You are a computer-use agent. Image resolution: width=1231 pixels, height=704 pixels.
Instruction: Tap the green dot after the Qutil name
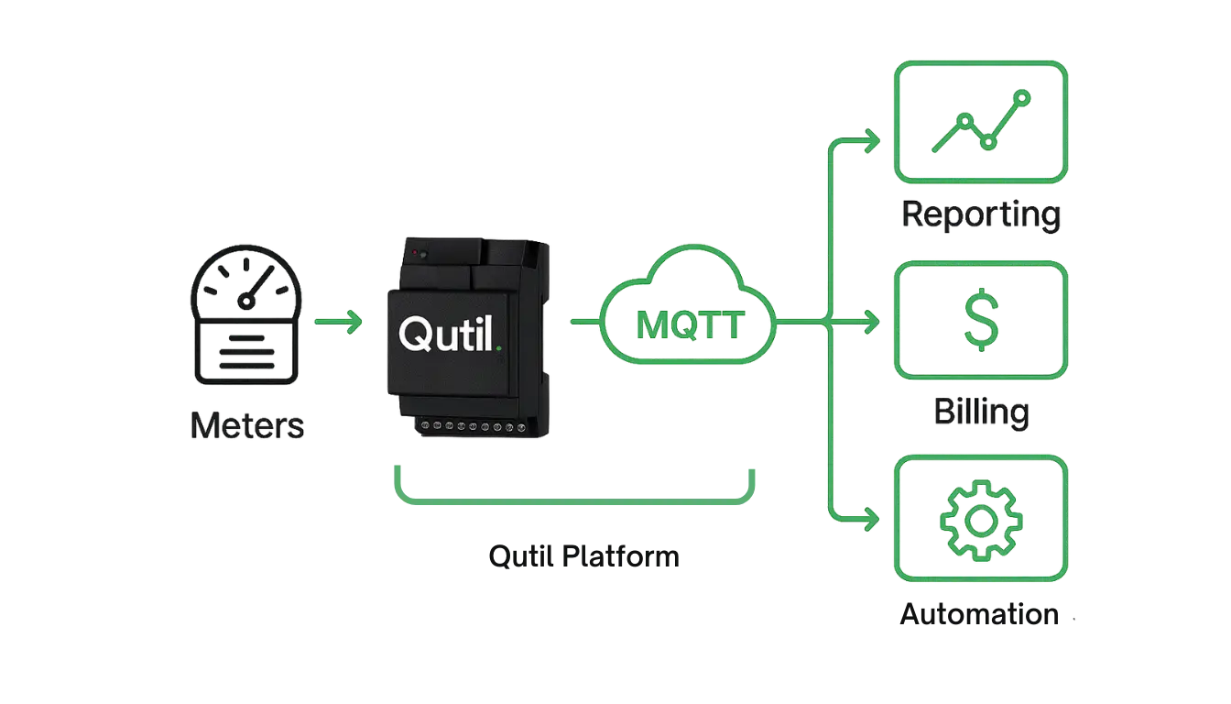(497, 347)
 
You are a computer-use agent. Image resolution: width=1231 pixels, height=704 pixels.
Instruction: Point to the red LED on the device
(416, 251)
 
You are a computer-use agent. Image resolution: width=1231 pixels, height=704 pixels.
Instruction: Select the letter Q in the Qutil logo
(414, 333)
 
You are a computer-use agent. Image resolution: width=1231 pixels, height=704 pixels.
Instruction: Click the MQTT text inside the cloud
(689, 325)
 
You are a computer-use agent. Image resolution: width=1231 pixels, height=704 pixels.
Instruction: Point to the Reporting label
(980, 215)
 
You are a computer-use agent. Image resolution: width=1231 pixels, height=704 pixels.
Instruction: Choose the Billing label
(979, 412)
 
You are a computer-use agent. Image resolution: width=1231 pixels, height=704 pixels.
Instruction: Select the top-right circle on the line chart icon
(1022, 96)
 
